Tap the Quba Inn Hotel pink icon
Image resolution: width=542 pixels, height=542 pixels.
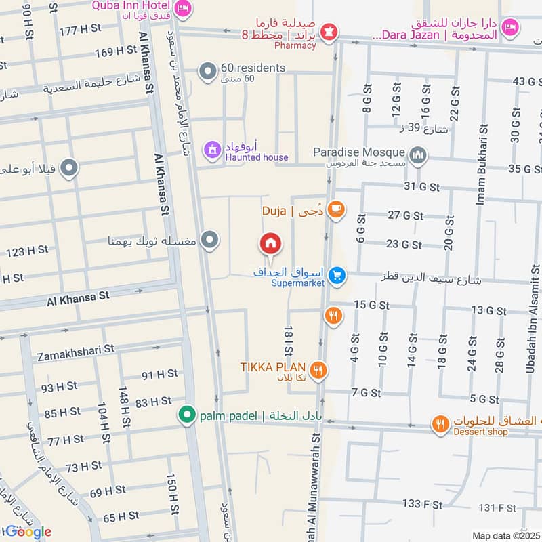182,8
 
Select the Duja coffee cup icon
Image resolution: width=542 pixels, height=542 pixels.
335,211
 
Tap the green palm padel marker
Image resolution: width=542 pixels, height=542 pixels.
185,415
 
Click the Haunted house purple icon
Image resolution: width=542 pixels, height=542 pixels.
213,148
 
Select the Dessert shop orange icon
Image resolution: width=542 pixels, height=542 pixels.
440,424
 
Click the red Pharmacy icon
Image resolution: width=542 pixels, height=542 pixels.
329,32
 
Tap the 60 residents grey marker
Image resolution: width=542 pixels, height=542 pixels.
208,70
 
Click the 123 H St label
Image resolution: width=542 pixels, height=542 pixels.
27,251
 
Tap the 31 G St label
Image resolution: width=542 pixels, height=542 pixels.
421,186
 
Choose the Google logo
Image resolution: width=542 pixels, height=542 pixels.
28,532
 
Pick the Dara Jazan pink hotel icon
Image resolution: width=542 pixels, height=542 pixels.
512,27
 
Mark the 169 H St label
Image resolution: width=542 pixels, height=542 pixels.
117,51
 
